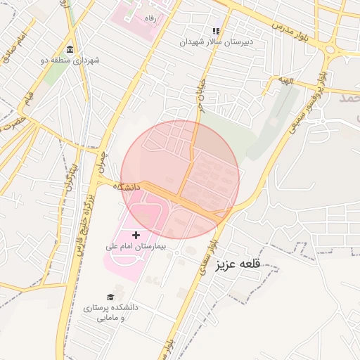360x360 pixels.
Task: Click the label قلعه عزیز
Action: tap(239, 264)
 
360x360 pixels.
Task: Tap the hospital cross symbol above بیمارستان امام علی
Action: tap(136, 233)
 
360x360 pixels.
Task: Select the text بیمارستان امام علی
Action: tap(134, 246)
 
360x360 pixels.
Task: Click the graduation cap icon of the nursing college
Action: tap(110, 297)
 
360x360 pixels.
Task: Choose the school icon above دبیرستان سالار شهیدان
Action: tap(216, 31)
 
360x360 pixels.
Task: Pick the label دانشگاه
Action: tap(127, 187)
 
